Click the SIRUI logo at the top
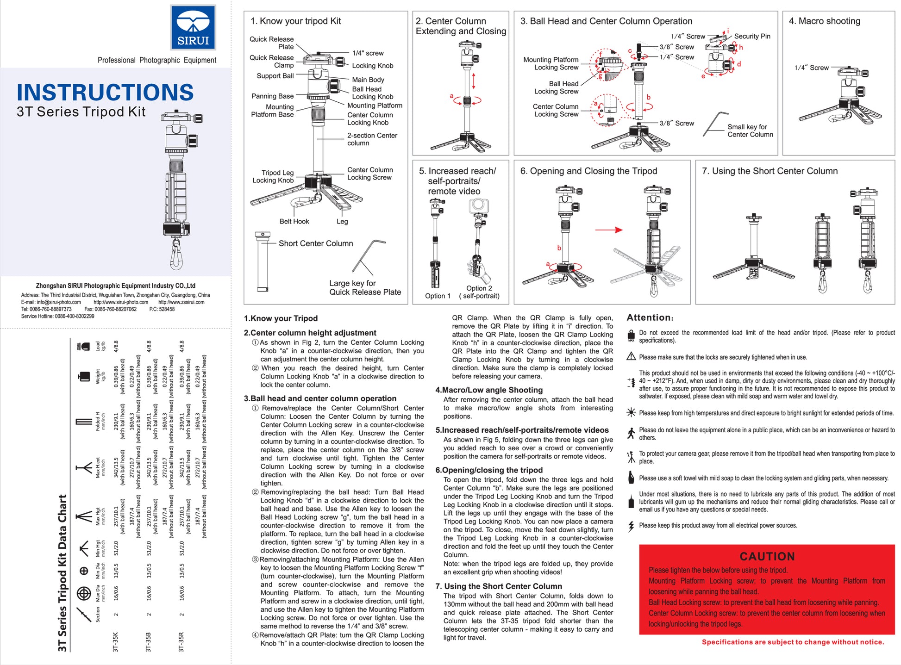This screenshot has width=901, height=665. pyautogui.click(x=193, y=27)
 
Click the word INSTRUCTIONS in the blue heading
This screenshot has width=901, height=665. pyautogui.click(x=105, y=93)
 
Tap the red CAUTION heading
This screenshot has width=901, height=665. pyautogui.click(x=767, y=556)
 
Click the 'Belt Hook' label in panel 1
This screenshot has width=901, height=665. pyautogui.click(x=294, y=222)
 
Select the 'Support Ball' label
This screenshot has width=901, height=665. pyautogui.click(x=275, y=76)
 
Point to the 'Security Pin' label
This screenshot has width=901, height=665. pyautogui.click(x=752, y=36)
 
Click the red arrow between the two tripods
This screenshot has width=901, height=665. pyautogui.click(x=608, y=230)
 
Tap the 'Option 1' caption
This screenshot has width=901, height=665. pyautogui.click(x=438, y=296)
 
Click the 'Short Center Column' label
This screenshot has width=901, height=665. pyautogui.click(x=315, y=243)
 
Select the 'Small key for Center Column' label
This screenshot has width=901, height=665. pyautogui.click(x=750, y=131)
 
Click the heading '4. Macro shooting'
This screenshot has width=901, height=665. pyautogui.click(x=824, y=21)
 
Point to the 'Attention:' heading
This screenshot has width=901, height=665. pyautogui.click(x=650, y=318)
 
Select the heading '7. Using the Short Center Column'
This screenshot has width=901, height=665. pyautogui.click(x=770, y=171)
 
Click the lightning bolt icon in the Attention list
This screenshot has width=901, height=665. pyautogui.click(x=631, y=526)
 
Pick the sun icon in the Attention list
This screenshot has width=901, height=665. pyautogui.click(x=631, y=413)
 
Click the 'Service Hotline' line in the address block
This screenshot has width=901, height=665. pyautogui.click(x=57, y=316)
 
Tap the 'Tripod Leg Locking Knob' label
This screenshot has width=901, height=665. pyautogui.click(x=273, y=176)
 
